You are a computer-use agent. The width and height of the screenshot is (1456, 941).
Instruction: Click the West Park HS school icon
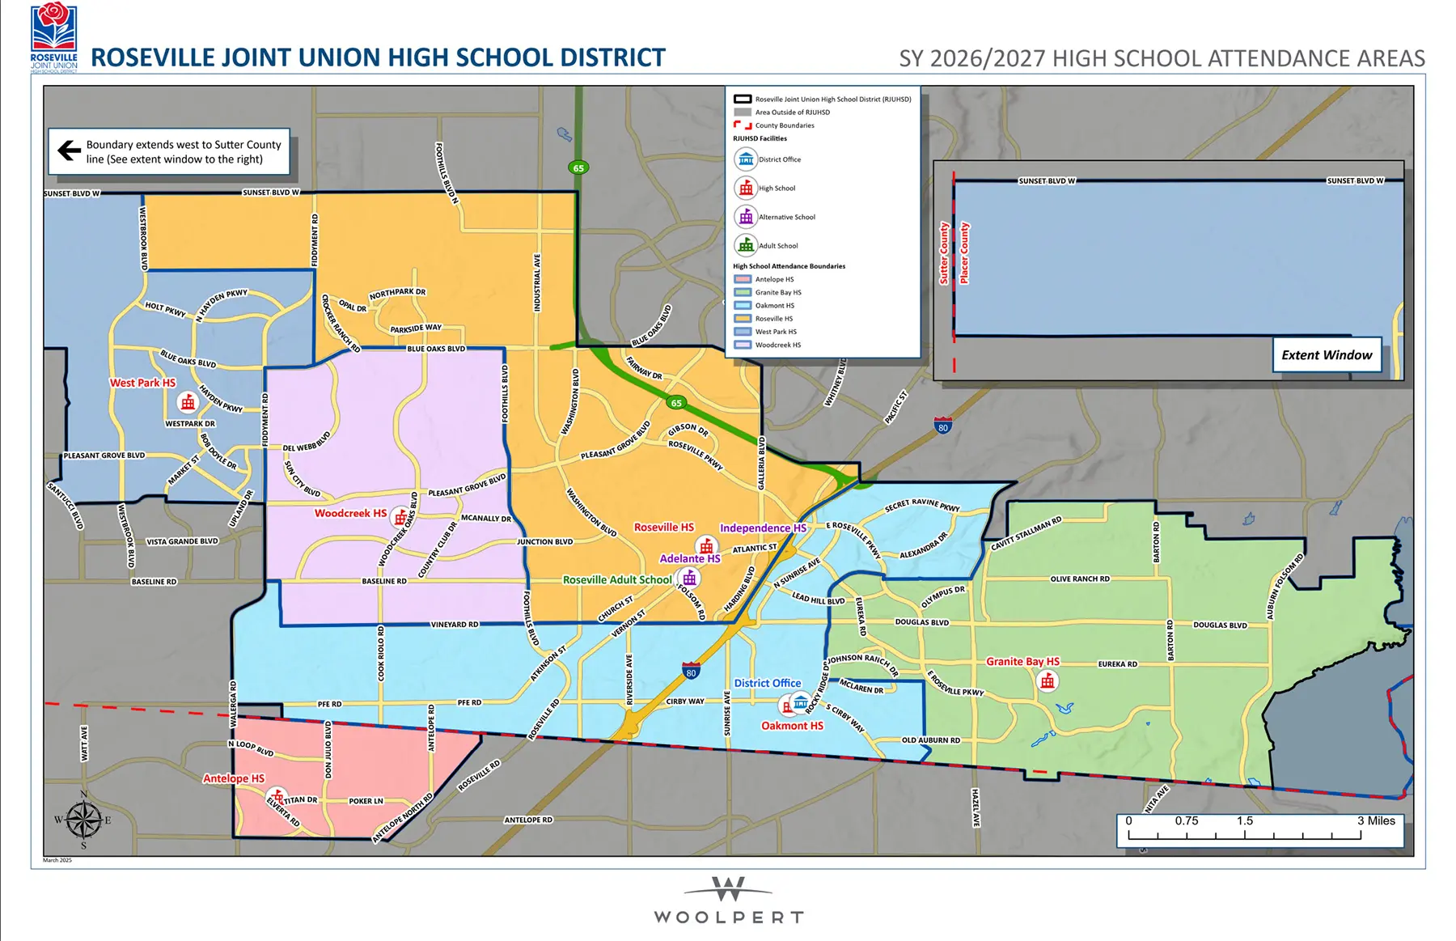188,402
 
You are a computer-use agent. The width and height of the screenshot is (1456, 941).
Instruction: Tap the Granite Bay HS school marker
1048,681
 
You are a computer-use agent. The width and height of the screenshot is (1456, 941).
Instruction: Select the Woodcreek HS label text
350,513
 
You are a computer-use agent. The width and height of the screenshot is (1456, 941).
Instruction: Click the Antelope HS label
233,778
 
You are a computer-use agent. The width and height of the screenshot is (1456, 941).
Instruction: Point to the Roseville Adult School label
617,579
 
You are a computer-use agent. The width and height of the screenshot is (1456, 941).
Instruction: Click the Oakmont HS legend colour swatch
743,306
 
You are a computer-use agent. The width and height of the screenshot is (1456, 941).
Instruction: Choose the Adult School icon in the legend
746,245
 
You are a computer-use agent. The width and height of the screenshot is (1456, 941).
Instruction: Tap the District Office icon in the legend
746,159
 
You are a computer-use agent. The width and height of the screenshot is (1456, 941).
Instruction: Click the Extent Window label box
1327,355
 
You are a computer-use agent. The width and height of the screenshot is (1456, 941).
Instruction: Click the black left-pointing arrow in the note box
69,150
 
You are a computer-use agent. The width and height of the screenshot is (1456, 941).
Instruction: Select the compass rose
83,820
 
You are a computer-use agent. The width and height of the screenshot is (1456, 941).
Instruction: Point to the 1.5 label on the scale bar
1244,820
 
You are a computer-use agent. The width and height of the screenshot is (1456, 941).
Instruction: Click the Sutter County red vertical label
943,253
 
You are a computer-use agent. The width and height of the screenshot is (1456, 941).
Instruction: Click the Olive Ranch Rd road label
1080,579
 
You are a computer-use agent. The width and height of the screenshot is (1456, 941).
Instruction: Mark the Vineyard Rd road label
454,625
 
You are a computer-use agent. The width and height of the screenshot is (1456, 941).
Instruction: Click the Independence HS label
762,528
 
